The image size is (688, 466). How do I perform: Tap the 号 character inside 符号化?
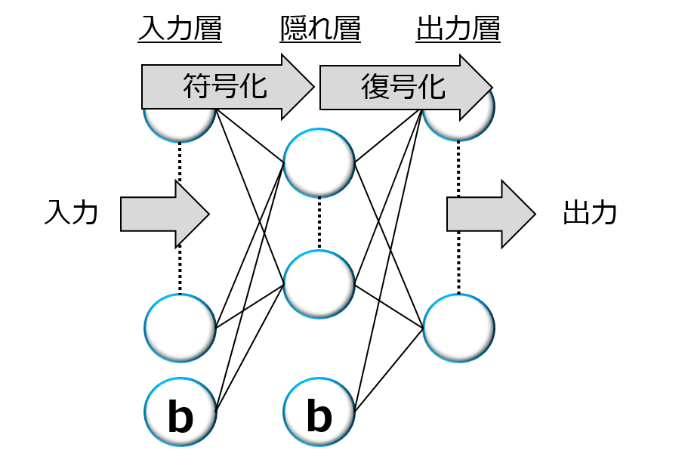coord(225,87)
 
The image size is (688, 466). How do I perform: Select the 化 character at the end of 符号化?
coord(255,87)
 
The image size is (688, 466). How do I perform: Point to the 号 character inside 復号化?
coord(404,87)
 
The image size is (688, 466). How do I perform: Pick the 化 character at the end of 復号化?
coord(433,87)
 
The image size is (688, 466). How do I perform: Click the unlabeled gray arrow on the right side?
coord(490,214)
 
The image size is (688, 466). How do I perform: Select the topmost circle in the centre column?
coord(319,162)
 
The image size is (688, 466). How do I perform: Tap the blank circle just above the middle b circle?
coord(319,284)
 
